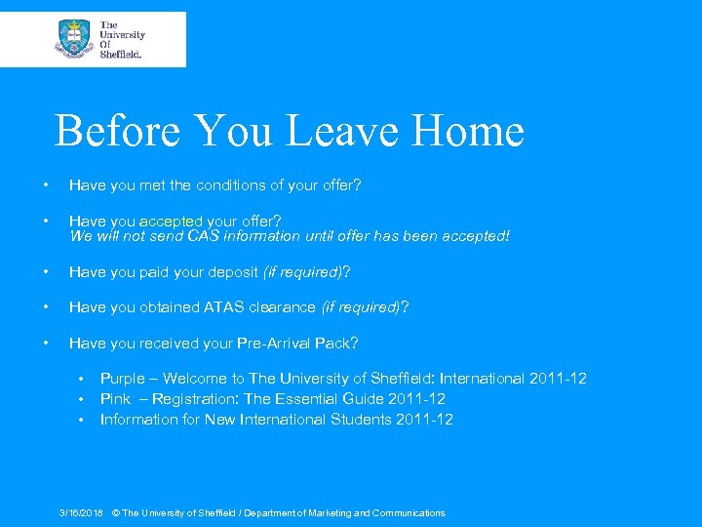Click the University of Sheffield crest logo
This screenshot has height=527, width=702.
coord(74,39)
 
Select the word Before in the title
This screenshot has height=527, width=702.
coord(118,131)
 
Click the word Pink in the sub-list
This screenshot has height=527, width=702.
coord(116,399)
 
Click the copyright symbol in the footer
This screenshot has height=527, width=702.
coord(116,513)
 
